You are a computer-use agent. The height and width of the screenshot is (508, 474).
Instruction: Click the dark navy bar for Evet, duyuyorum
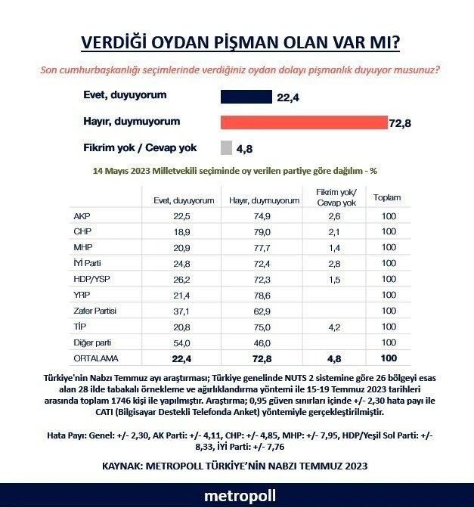pyautogui.click(x=246, y=96)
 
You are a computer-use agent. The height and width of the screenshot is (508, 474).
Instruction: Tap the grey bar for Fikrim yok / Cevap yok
pyautogui.click(x=226, y=147)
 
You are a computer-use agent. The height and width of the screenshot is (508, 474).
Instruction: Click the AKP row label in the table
pyautogui.click(x=82, y=215)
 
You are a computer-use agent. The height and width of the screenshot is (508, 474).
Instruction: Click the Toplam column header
pyautogui.click(x=387, y=199)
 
